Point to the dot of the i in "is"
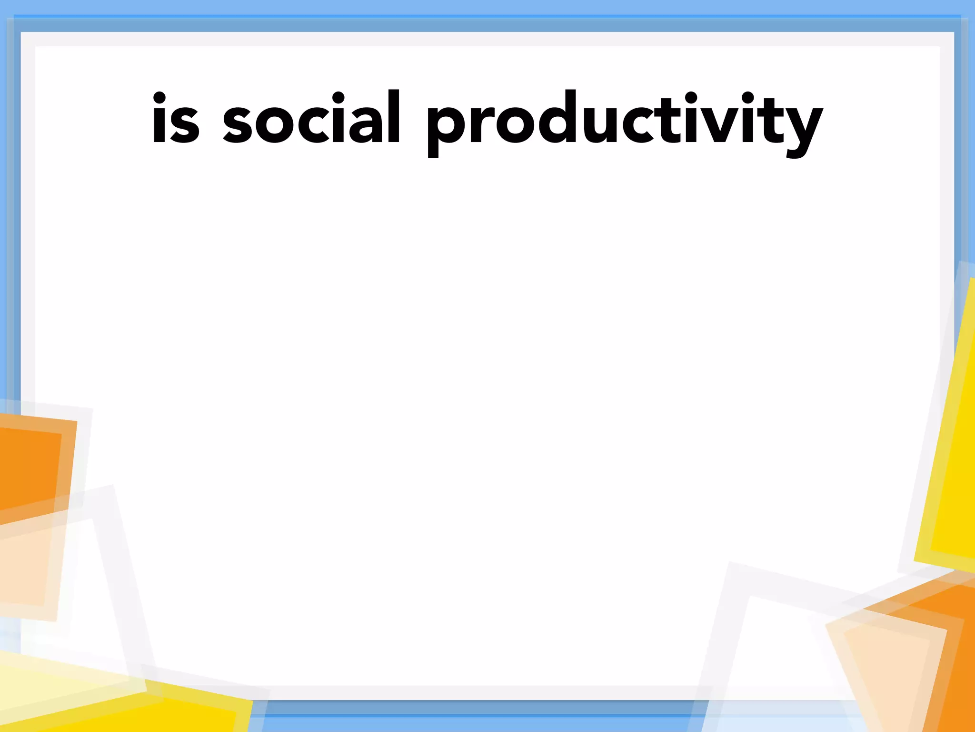click(159, 98)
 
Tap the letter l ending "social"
click(393, 116)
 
